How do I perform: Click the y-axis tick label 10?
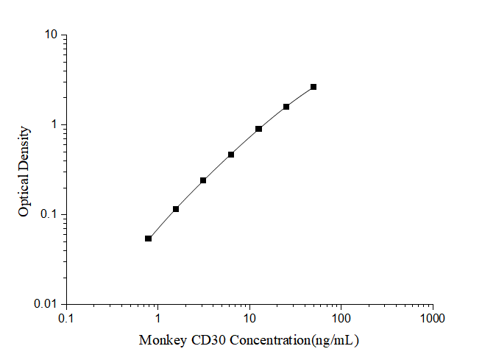52,35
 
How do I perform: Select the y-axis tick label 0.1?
49,214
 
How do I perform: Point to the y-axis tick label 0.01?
47,304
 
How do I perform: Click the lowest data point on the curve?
149,239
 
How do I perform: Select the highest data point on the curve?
313,87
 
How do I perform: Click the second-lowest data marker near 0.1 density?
176,209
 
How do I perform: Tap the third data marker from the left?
203,180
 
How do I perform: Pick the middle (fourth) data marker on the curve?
231,155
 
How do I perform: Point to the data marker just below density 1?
259,129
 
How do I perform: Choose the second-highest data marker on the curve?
286,107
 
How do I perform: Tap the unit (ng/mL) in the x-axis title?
334,341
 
